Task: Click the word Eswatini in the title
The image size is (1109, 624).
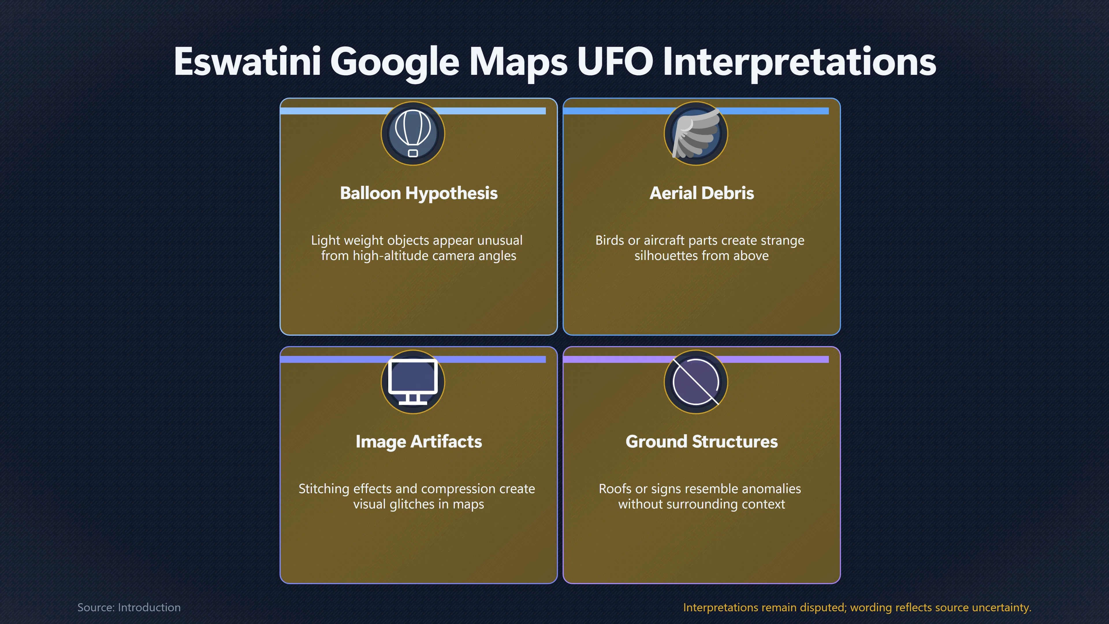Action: click(248, 61)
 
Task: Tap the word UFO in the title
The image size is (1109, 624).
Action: click(615, 61)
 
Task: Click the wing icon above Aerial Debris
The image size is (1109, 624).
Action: click(696, 133)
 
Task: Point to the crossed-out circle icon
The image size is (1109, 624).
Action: click(696, 382)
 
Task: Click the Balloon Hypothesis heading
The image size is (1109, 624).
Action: click(418, 193)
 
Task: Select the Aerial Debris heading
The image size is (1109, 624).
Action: click(702, 193)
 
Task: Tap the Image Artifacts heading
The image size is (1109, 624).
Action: click(418, 441)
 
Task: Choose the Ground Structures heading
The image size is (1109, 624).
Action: click(702, 441)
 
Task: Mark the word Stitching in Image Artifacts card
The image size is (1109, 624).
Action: click(324, 489)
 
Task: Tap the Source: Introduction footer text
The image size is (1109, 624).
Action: click(129, 607)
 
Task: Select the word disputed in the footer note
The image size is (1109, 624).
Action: click(824, 608)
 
